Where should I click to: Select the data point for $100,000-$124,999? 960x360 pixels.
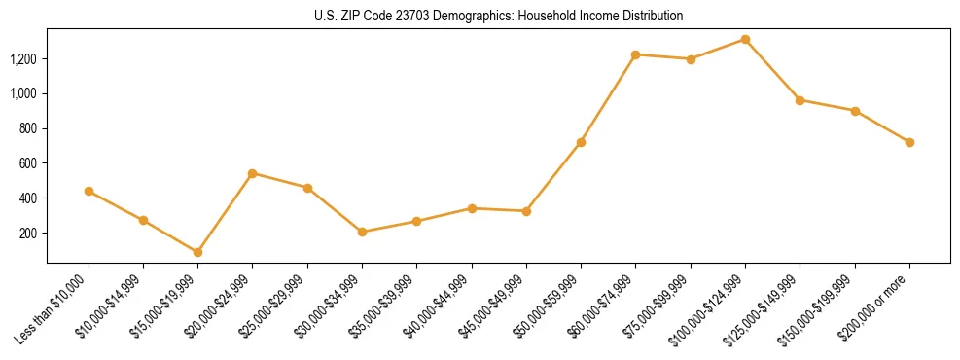(745, 39)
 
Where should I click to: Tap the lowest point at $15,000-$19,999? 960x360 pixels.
(197, 252)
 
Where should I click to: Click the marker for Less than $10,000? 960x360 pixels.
(89, 191)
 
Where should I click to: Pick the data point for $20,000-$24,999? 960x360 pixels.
(252, 173)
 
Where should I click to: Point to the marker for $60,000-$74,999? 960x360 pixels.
(636, 54)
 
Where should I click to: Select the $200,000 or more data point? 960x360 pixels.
(909, 142)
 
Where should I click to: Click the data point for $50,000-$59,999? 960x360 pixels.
(581, 142)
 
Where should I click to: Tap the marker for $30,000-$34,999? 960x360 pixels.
(362, 232)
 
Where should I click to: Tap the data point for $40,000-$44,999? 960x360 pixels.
(472, 208)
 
